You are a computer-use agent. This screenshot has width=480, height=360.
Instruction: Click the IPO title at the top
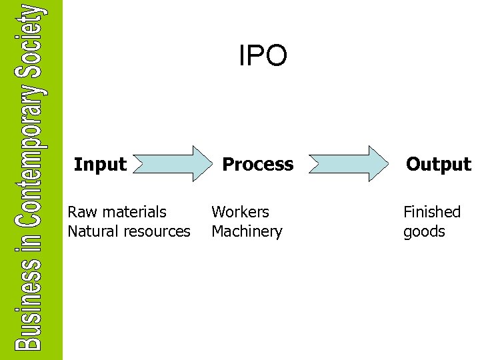click(263, 56)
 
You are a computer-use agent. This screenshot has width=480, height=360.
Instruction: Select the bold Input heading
click(100, 164)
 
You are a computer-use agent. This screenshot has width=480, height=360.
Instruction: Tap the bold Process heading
click(257, 164)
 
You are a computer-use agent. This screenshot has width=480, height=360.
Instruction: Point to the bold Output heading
click(438, 164)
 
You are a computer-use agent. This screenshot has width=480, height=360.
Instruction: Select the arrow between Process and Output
click(349, 163)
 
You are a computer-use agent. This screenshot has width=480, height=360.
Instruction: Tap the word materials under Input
click(136, 212)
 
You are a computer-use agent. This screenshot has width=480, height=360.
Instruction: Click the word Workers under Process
click(240, 212)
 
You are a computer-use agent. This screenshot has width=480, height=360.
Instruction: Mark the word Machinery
click(247, 232)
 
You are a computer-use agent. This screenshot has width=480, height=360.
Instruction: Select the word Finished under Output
click(431, 212)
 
